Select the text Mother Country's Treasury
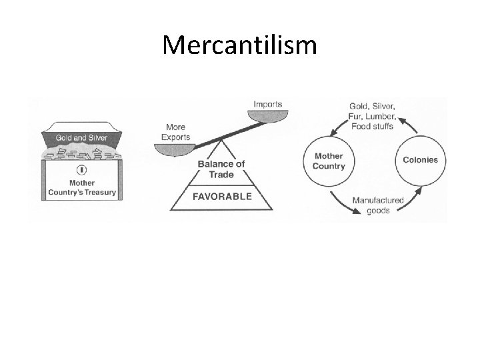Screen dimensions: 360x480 click(81, 187)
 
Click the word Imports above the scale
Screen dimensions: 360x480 click(267, 104)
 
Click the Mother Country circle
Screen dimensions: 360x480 click(329, 161)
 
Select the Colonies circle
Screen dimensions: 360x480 click(420, 160)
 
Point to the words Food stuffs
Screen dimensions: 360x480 click(373, 127)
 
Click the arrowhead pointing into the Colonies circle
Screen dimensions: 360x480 click(417, 191)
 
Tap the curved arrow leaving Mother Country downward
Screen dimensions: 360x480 click(337, 200)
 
